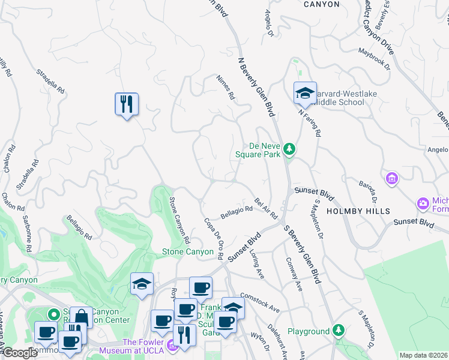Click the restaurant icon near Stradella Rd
127,104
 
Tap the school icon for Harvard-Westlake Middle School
305,94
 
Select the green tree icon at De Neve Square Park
289,148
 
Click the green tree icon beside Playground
339,331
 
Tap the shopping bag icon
81,317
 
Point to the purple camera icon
424,204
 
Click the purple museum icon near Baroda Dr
392,178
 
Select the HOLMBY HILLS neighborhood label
358,211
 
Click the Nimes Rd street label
226,88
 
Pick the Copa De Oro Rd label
215,238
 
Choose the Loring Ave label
257,265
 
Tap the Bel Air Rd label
266,208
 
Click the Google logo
19,353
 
